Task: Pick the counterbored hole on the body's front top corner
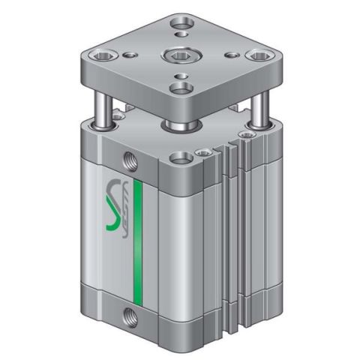[178, 157]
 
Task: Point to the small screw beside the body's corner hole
[200, 152]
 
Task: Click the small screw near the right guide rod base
[244, 136]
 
